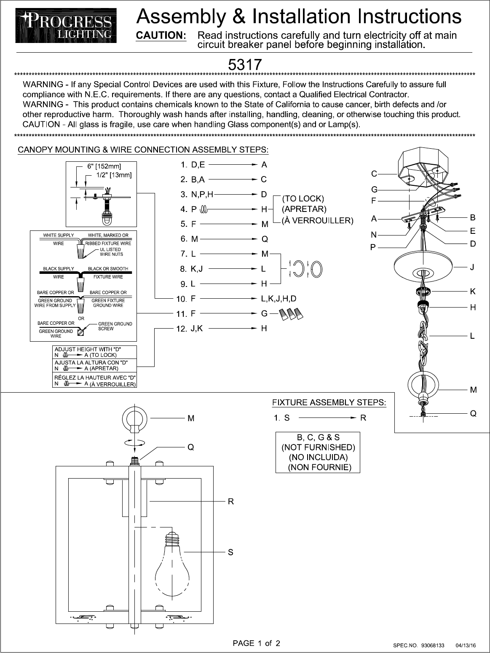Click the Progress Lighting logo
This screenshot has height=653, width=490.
[66, 26]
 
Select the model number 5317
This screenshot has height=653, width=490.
[245, 64]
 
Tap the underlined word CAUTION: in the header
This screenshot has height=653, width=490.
[161, 35]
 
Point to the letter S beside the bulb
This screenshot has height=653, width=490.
[230, 552]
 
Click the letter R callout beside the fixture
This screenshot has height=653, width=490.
[231, 501]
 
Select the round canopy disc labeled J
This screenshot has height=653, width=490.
[423, 267]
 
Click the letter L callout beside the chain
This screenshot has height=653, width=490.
[472, 336]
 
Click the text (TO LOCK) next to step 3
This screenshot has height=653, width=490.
[303, 198]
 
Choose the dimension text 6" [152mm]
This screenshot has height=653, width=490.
[104, 166]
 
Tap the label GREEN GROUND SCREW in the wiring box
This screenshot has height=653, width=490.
[115, 326]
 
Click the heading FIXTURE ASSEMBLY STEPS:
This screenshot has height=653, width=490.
[329, 402]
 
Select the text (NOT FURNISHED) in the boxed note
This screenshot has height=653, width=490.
[318, 447]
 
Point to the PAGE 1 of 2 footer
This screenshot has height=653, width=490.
[257, 643]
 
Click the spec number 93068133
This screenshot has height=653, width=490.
[433, 645]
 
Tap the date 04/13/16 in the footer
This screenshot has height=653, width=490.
[466, 645]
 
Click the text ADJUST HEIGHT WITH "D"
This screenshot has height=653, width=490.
[88, 349]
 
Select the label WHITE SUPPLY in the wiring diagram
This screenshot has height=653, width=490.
[58, 235]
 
